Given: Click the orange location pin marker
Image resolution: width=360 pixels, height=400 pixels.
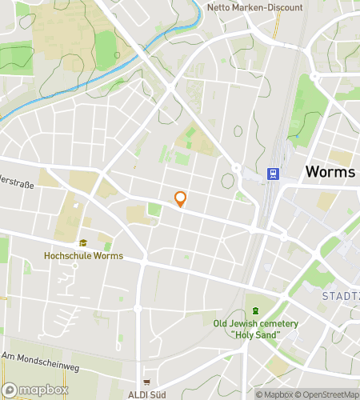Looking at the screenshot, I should pos(180,199).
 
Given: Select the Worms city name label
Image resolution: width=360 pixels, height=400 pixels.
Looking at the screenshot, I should pos(330,173).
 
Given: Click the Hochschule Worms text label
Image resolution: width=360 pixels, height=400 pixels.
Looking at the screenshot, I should pos(83,256).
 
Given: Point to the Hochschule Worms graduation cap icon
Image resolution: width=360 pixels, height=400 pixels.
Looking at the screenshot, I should pos(83,244).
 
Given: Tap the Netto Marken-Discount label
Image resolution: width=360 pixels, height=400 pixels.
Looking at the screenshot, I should pos(254,8).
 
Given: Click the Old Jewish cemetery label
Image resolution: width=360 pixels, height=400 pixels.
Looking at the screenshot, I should pos(255,323).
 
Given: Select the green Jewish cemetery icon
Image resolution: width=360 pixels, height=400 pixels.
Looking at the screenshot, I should pos(255,310).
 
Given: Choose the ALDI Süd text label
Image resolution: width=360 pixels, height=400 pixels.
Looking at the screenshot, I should pos(146,394).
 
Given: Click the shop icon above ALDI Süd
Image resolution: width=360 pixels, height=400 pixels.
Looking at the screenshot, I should pos(146,382).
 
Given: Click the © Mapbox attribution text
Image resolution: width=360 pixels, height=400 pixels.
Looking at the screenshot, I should pos(274,394).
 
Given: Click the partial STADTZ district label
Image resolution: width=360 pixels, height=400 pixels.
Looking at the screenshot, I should pos(340,295).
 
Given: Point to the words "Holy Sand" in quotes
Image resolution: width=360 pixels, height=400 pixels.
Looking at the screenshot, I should pos(255,334).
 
